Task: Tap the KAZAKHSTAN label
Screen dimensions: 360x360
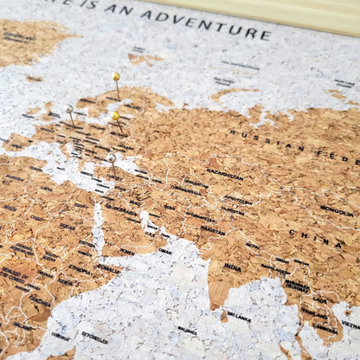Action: [x=224, y=174]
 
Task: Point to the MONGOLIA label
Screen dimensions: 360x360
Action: [x=336, y=210]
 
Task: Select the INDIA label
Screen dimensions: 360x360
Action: [x=232, y=267]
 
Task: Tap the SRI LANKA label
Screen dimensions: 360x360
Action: [x=239, y=316]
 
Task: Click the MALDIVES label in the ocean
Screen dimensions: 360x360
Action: [x=187, y=330]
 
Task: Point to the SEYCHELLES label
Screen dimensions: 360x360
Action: [x=95, y=337]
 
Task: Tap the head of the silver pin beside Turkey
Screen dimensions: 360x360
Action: [x=111, y=157]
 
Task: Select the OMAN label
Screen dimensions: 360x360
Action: [x=164, y=251]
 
